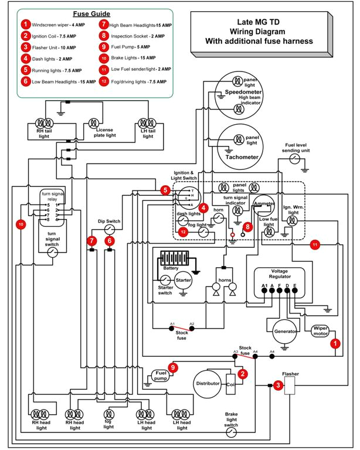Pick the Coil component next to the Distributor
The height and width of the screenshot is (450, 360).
coord(231,384)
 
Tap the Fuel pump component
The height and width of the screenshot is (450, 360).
coord(159,376)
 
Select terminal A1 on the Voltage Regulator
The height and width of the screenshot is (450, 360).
coord(264,287)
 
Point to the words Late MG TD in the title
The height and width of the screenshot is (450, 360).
coord(257,21)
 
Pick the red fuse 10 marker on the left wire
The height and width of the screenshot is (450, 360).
coord(21,224)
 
